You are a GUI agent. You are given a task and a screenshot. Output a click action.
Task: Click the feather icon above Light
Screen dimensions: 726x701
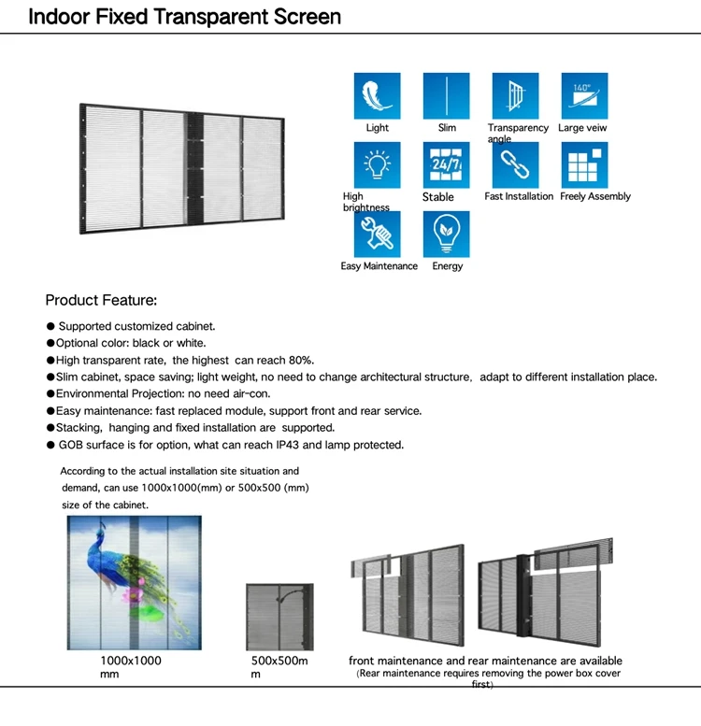pos(378,95)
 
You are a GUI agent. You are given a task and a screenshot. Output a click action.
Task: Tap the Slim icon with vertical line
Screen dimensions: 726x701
pos(447,95)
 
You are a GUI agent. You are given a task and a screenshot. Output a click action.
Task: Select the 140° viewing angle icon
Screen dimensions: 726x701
pos(583,95)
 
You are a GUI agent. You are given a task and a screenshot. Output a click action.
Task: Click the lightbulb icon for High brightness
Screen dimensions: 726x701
pos(378,165)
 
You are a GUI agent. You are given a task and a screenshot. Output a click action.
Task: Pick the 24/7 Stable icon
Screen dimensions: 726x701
pos(447,165)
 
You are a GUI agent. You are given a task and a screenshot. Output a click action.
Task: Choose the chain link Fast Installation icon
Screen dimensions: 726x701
pos(516,165)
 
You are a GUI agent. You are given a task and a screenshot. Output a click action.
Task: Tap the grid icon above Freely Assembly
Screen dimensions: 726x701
pos(583,165)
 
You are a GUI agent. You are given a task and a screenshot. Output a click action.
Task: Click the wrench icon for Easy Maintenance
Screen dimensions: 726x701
pos(378,235)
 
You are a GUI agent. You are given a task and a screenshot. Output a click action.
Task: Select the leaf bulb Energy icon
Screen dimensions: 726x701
pos(447,235)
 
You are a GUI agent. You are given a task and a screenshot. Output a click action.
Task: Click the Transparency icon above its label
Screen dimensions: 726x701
pos(516,95)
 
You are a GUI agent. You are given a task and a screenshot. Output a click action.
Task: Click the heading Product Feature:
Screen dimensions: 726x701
pos(101,301)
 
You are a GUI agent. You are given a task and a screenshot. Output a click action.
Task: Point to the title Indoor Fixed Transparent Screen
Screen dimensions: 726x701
pos(184,17)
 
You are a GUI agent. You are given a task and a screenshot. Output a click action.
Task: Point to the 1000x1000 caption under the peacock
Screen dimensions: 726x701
pos(131,661)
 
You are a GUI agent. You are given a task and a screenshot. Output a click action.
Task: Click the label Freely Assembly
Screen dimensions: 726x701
pos(595,197)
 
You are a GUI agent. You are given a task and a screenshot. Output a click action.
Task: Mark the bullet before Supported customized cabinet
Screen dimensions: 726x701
pos(50,327)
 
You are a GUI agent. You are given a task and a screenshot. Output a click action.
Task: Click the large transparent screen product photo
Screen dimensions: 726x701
pos(181,169)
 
